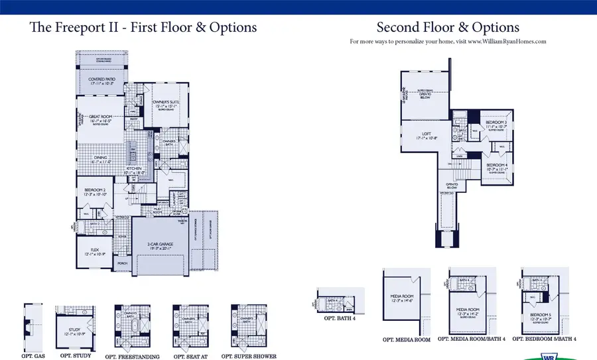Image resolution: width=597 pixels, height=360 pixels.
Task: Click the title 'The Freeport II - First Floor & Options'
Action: point(143,28)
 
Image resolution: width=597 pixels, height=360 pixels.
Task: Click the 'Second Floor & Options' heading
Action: point(448,27)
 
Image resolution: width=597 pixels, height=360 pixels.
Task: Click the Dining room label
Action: point(100,159)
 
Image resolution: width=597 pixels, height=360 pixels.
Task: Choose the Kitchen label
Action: point(135,170)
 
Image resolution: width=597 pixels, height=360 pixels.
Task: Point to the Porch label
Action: point(122,263)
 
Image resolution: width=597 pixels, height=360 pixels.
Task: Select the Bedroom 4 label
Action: point(496,166)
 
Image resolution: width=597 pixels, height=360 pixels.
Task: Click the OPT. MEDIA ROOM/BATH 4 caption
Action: point(472,339)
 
